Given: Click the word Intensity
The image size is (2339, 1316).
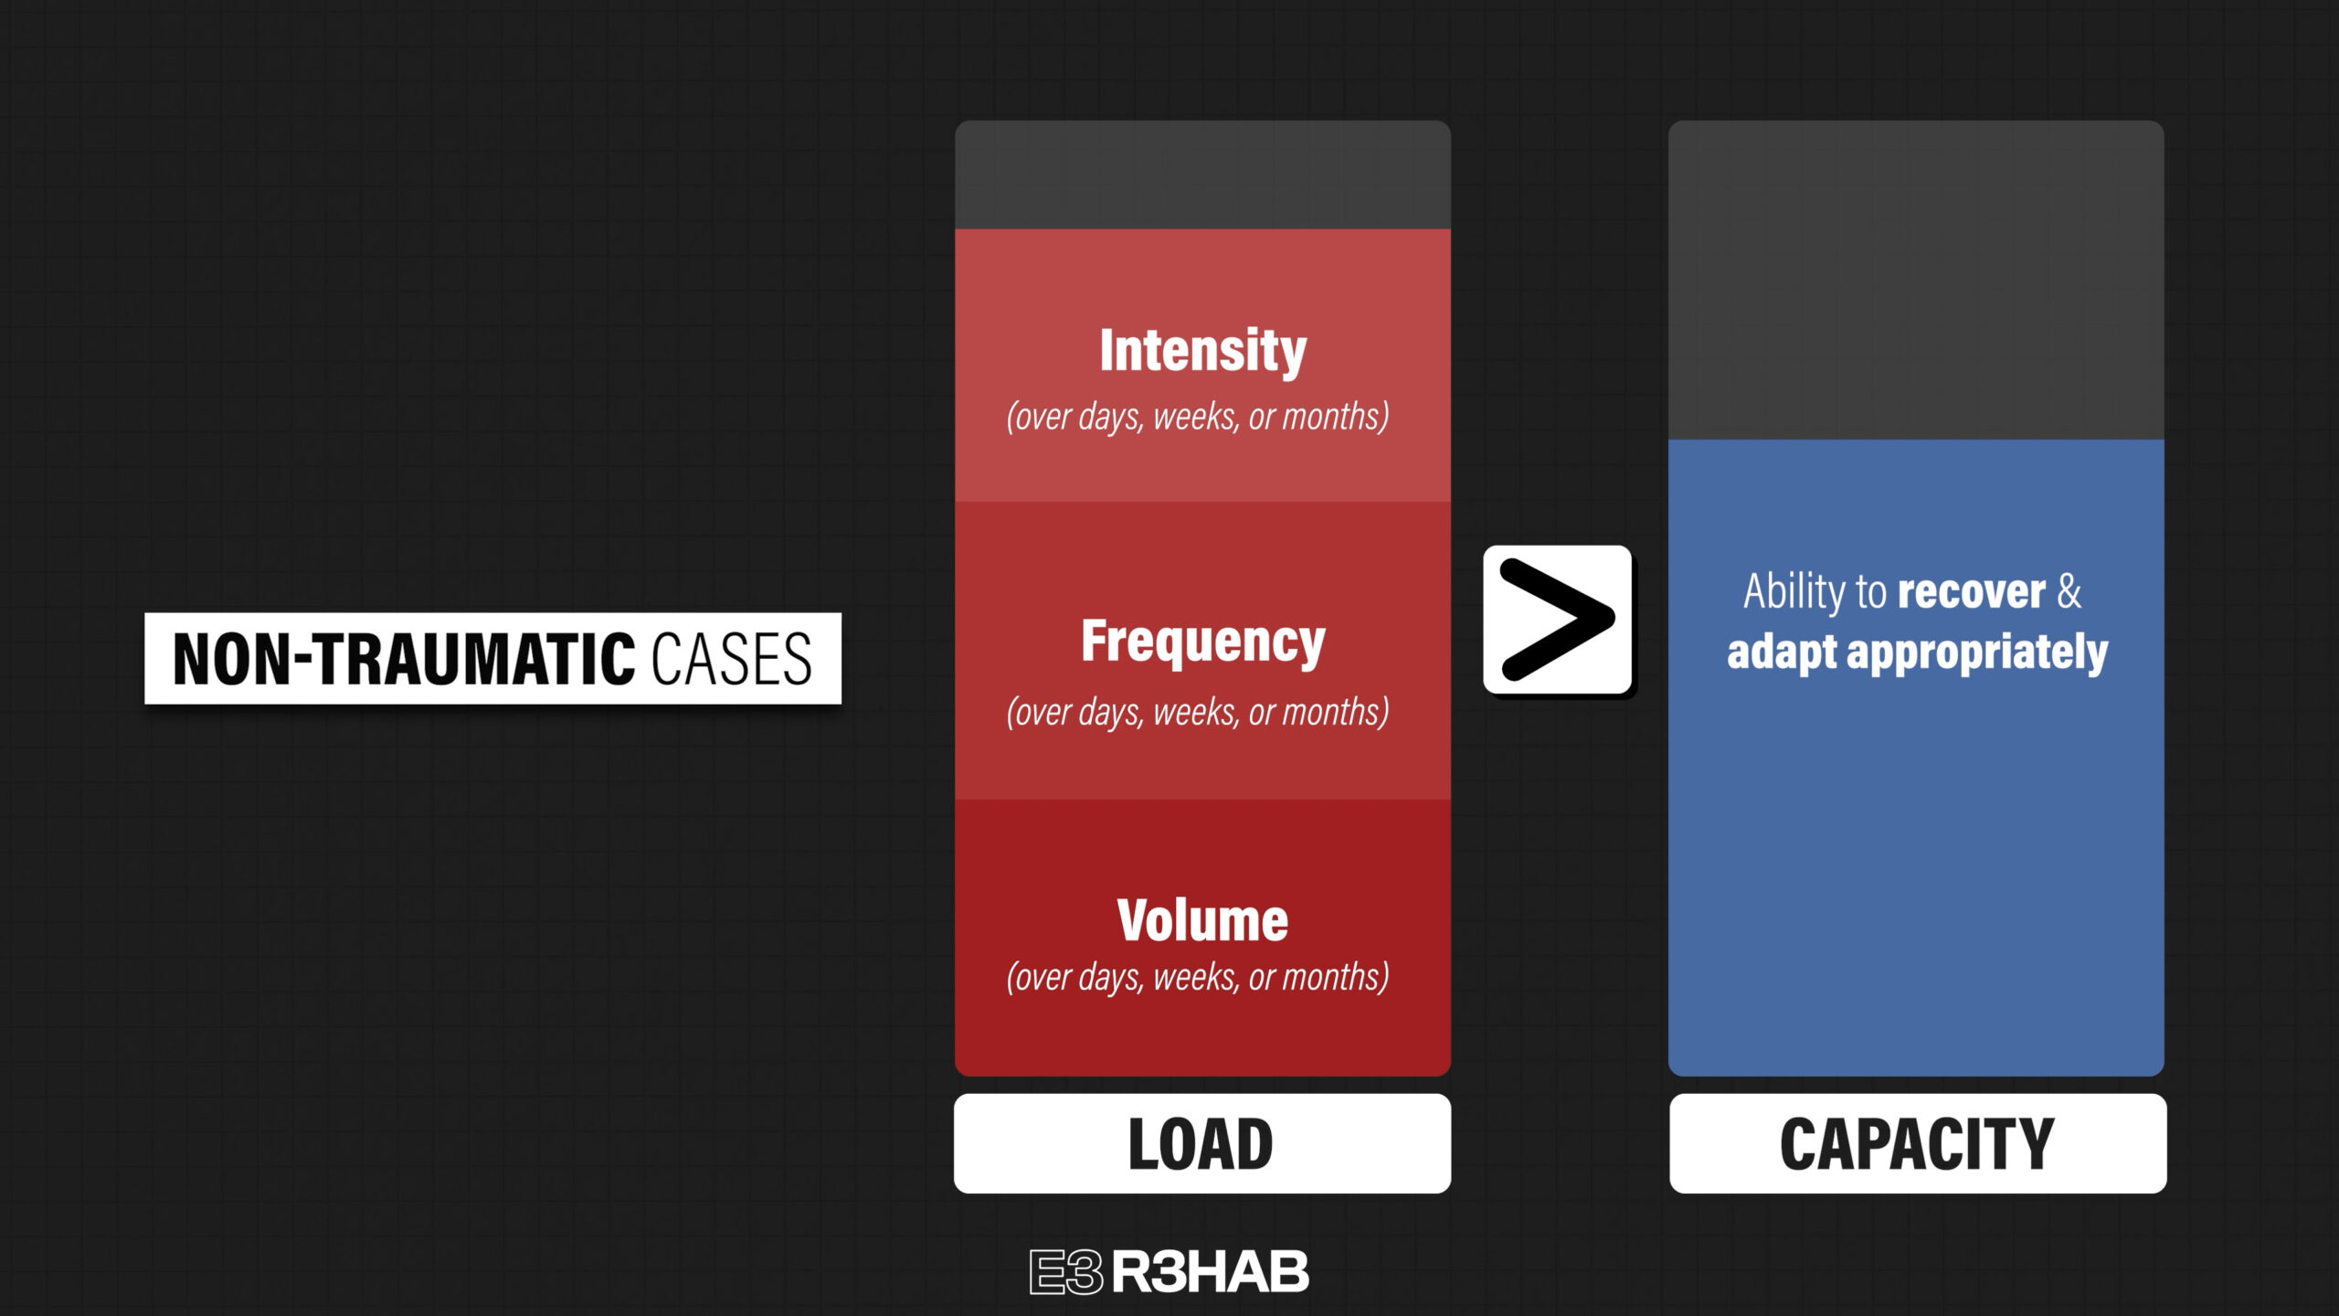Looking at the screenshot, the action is (x=1202, y=351).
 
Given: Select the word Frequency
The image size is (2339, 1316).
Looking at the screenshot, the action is (x=1202, y=642).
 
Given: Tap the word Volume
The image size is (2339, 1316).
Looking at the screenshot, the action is (x=1202, y=920).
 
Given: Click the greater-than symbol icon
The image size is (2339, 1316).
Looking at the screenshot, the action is (x=1557, y=620).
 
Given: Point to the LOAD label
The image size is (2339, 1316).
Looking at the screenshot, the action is (x=1201, y=1143).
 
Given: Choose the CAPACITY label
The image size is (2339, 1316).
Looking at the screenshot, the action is (x=1917, y=1143).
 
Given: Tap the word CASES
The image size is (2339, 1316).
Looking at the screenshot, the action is (x=731, y=659).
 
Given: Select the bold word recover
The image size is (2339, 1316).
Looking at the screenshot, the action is (x=1971, y=592).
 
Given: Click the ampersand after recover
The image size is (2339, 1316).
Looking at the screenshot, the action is (x=2069, y=591).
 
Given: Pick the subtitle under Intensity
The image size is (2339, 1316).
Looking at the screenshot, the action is (x=1198, y=417).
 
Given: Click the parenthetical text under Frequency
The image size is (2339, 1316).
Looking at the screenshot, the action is (x=1198, y=712).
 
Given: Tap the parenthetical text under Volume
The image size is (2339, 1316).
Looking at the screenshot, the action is (x=1198, y=977).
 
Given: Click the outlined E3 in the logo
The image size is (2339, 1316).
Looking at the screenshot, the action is (x=1066, y=1272).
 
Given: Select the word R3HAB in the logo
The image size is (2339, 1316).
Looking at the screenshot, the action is (x=1211, y=1272).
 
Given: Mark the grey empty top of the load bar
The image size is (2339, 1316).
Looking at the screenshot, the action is (x=1202, y=175).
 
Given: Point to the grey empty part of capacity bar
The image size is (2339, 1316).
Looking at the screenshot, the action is (x=1916, y=280).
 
